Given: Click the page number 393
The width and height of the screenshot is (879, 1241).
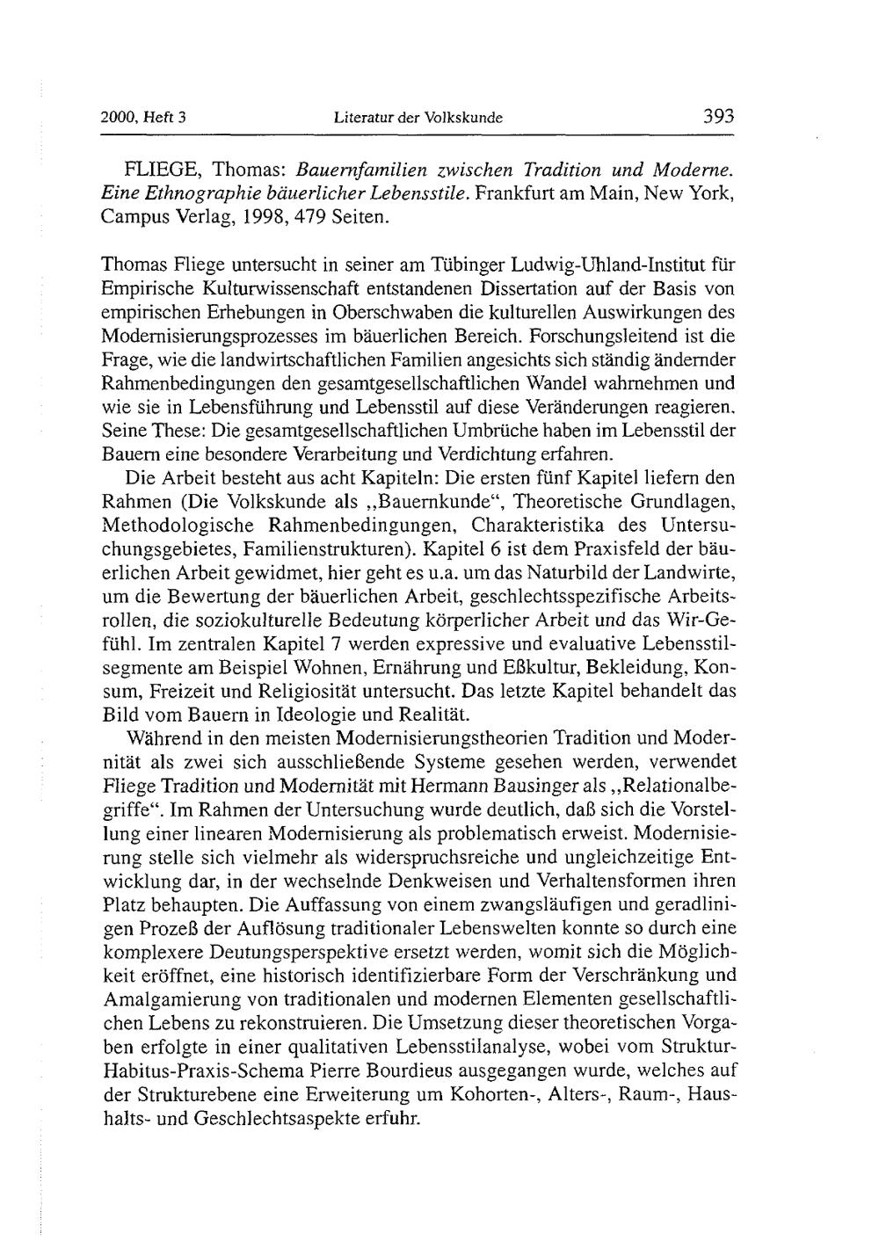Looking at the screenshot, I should pyautogui.click(x=717, y=117).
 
